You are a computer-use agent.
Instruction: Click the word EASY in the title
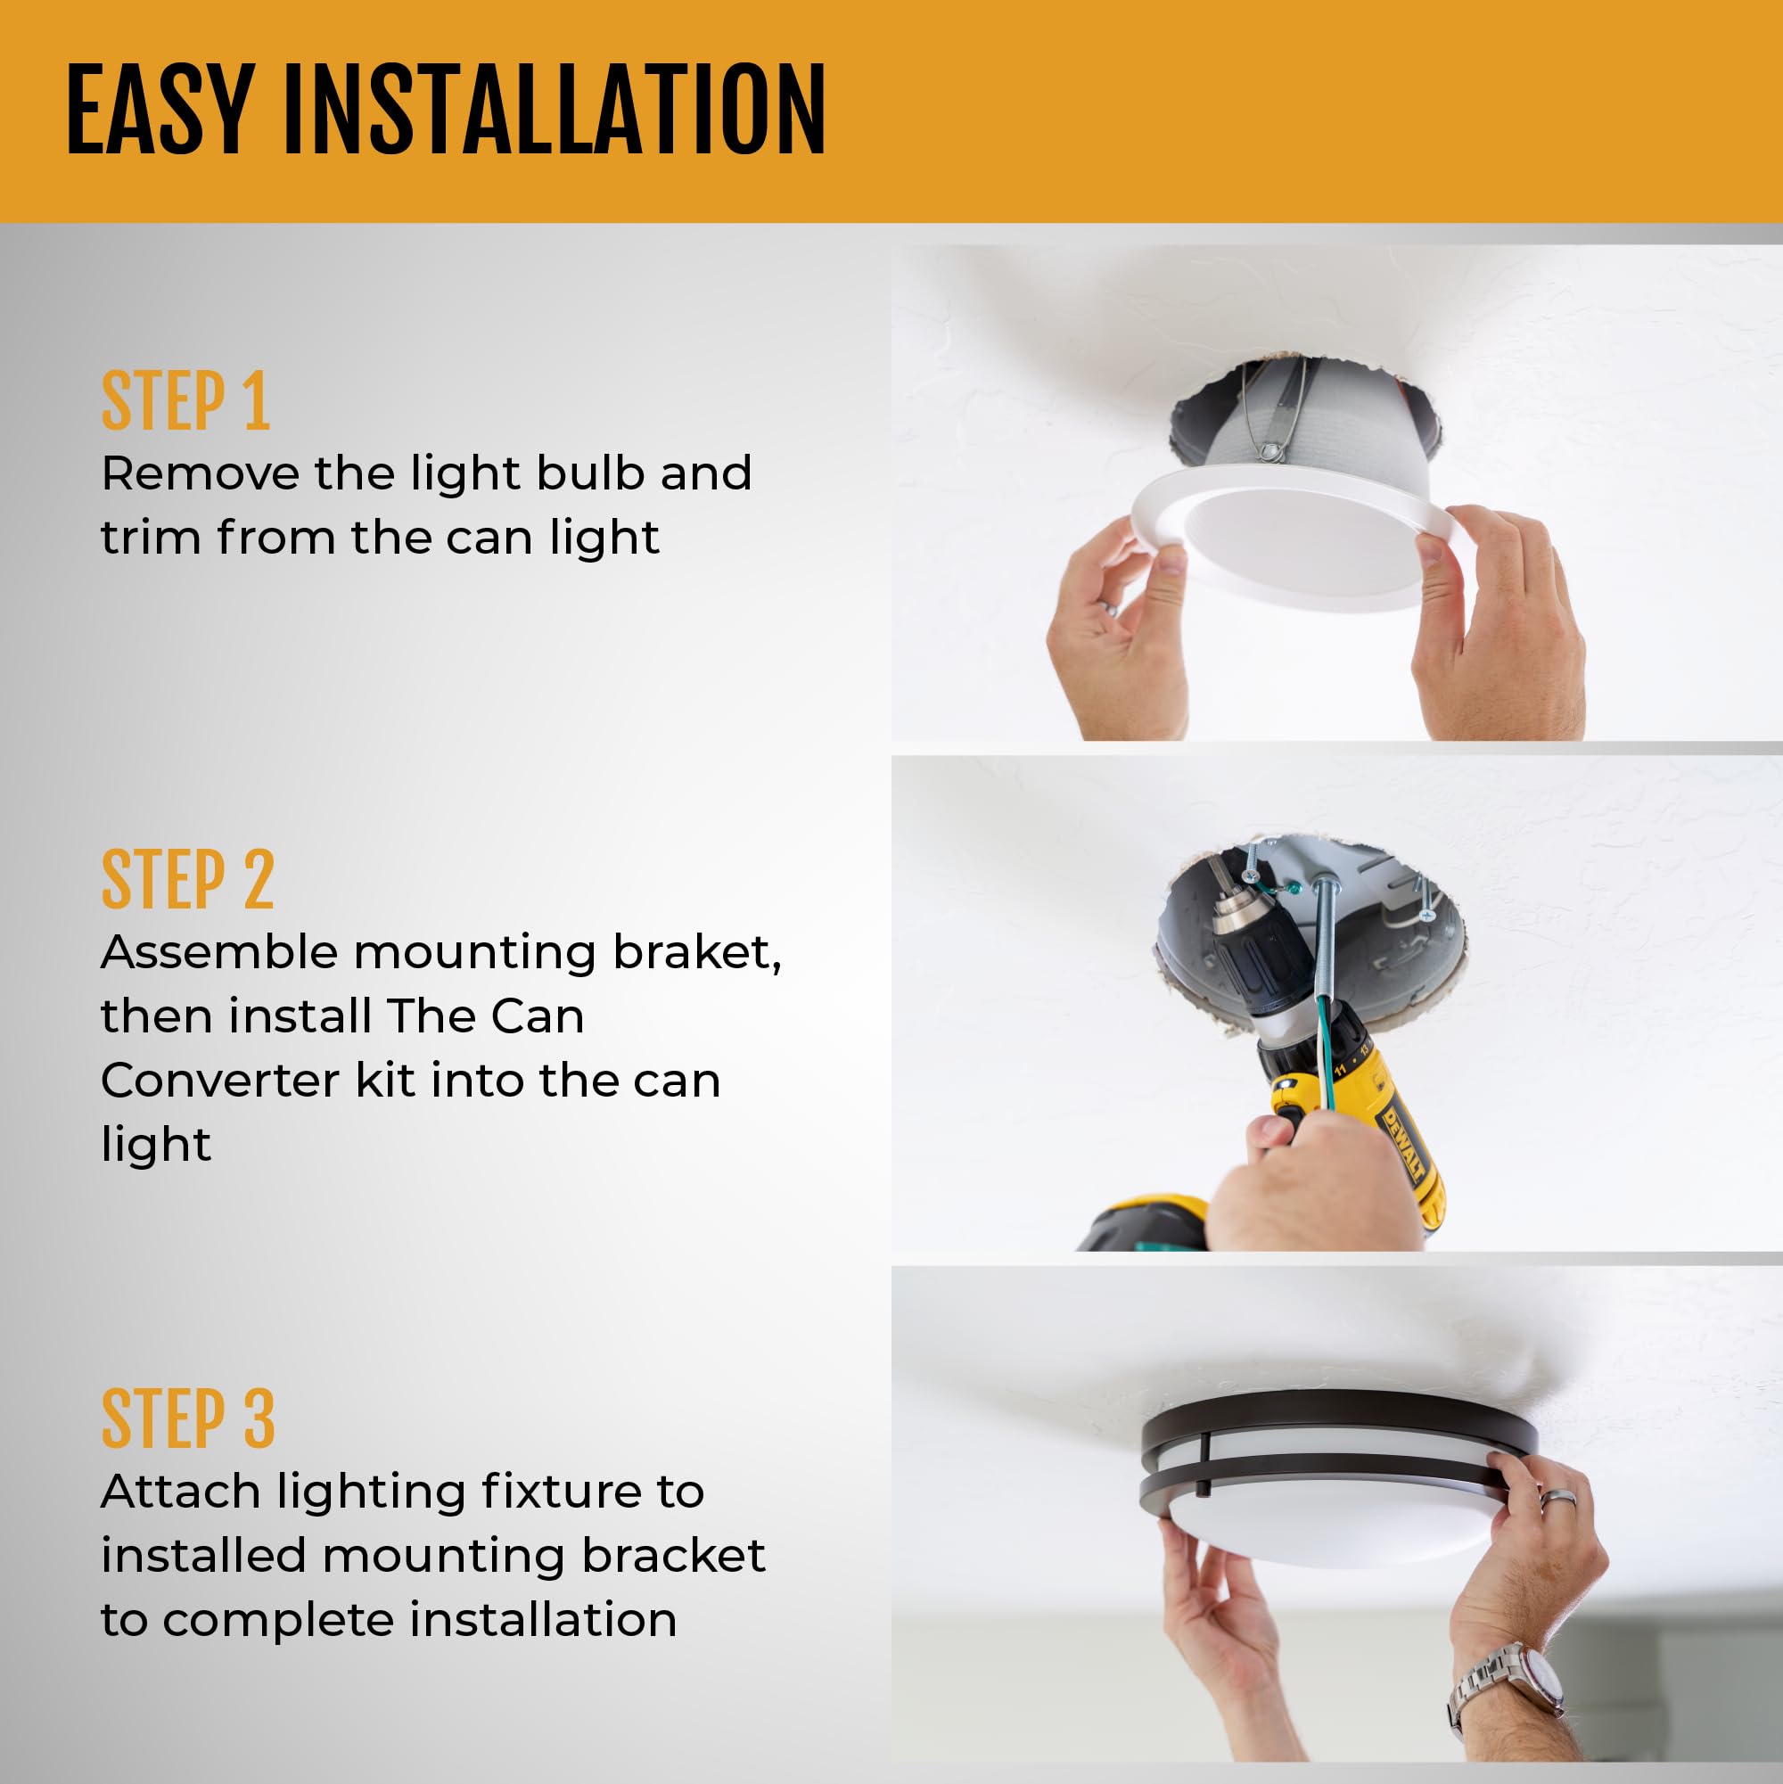coord(159,111)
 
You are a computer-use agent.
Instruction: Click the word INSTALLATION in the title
coord(554,111)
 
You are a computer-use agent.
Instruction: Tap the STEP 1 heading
coord(185,401)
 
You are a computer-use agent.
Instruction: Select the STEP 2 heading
coord(187,879)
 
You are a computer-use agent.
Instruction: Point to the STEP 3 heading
coord(187,1419)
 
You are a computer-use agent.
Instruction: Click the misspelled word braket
coord(696,952)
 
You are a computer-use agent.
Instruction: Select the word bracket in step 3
coord(673,1556)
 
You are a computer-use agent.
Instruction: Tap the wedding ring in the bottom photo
coord(1556,1498)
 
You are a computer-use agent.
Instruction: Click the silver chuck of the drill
coord(1231,914)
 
